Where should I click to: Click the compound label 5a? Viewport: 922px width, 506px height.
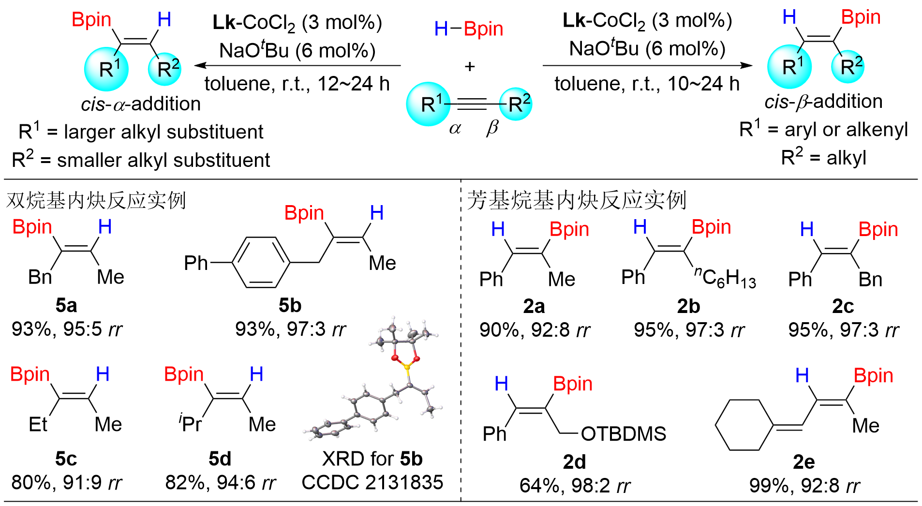(x=66, y=306)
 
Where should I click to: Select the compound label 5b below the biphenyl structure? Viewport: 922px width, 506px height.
(x=290, y=306)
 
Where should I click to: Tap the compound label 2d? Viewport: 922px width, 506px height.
(x=574, y=462)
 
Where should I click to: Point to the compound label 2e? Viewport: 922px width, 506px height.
(x=803, y=462)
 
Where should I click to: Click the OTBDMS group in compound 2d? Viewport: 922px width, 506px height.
(x=623, y=434)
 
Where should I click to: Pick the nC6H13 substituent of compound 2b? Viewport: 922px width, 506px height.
(x=725, y=278)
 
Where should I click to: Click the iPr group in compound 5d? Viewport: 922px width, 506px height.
(x=190, y=424)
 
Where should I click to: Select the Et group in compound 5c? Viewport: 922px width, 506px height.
(x=38, y=425)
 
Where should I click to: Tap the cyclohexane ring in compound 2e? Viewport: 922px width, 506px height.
(x=744, y=425)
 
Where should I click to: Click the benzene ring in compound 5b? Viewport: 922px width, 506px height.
(x=262, y=263)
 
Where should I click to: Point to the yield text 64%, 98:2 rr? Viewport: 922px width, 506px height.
(x=575, y=486)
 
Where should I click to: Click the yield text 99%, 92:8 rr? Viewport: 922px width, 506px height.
(x=804, y=486)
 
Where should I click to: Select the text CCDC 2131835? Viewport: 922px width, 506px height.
(x=372, y=482)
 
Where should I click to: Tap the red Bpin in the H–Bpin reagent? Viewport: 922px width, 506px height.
(x=483, y=29)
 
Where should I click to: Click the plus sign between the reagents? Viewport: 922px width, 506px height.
(x=469, y=66)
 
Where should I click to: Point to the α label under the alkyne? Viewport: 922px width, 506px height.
(x=455, y=129)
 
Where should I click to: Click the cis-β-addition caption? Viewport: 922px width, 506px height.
(x=823, y=102)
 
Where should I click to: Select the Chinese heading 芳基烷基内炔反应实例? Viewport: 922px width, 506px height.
(x=577, y=200)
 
